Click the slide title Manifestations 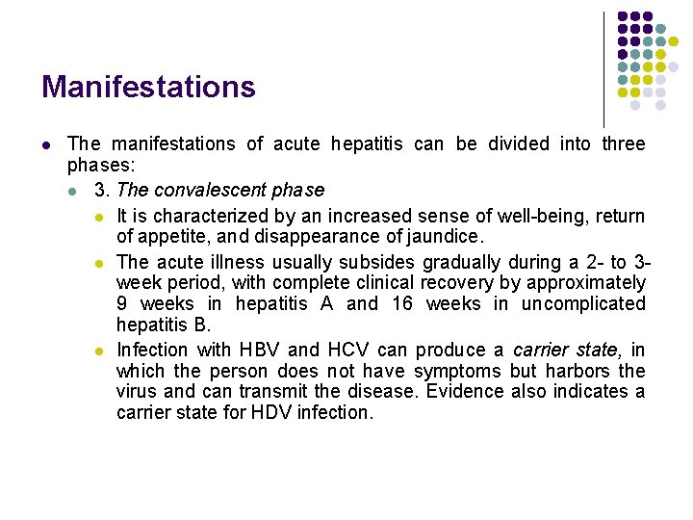(148, 88)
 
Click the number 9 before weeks (121, 304)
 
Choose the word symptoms (458, 371)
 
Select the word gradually (462, 262)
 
